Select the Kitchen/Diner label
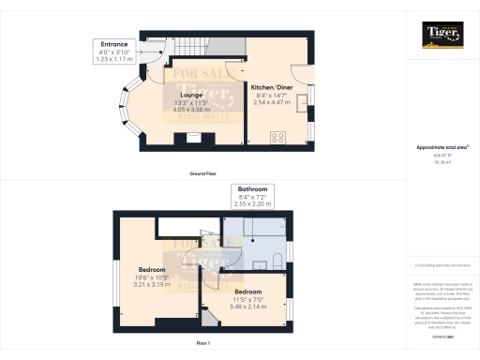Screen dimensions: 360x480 273,87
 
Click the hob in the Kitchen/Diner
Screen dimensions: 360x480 278,138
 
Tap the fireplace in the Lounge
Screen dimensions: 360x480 192,139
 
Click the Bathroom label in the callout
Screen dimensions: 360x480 252,187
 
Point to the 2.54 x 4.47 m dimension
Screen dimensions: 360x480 273,102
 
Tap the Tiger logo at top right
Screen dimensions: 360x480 442,37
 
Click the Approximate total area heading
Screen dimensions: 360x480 442,148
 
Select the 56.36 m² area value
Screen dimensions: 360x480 442,163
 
